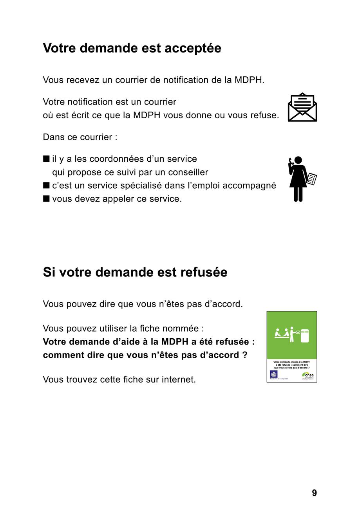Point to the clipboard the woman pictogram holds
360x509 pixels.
[312, 179]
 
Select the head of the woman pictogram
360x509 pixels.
[298, 160]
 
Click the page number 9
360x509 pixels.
[314, 493]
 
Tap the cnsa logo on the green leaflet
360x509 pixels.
[308, 375]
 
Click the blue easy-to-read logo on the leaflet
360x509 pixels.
[274, 374]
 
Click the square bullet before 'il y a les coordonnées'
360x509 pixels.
[46, 159]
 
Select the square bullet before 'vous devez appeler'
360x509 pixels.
[46, 199]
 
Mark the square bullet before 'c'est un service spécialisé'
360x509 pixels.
[46, 185]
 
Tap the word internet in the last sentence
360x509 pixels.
[179, 379]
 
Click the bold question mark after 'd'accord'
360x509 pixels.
[245, 355]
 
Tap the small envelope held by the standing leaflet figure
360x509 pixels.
[298, 332]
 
